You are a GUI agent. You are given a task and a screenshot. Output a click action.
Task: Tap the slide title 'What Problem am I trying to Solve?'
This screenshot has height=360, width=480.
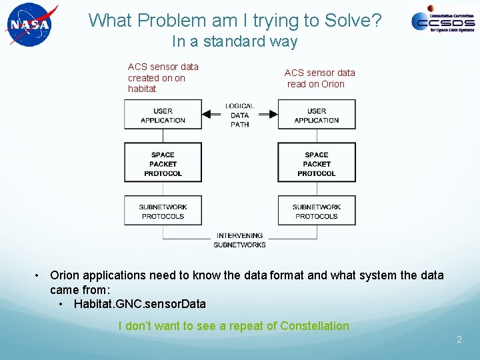tap(235, 21)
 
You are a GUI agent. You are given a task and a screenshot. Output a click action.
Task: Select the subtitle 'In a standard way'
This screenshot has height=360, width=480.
tap(234, 41)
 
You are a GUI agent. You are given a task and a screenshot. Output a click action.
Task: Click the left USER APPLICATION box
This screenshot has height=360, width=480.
tap(163, 115)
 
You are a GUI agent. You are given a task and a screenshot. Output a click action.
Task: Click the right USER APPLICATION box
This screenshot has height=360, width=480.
tap(317, 115)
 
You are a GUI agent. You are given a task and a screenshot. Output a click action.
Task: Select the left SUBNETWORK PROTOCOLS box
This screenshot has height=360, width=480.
tap(163, 211)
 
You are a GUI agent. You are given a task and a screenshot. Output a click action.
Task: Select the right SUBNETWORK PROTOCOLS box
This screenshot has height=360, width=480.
tap(317, 211)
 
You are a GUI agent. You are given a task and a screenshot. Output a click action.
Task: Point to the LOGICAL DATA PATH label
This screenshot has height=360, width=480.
tap(239, 115)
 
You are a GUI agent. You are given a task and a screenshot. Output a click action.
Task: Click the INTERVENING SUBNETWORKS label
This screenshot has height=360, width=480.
tap(239, 240)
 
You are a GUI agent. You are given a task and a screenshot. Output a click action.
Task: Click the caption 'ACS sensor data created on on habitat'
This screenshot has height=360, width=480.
tap(163, 77)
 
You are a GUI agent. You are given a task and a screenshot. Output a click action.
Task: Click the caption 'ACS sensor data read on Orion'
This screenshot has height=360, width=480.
tap(319, 78)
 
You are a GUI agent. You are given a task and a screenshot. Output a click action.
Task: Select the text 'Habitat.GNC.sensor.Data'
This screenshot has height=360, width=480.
tap(139, 304)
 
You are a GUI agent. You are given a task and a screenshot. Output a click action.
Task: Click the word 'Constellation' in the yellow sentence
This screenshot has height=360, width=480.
tap(315, 326)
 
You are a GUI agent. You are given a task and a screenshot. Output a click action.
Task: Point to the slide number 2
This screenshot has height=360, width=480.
tap(459, 340)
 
